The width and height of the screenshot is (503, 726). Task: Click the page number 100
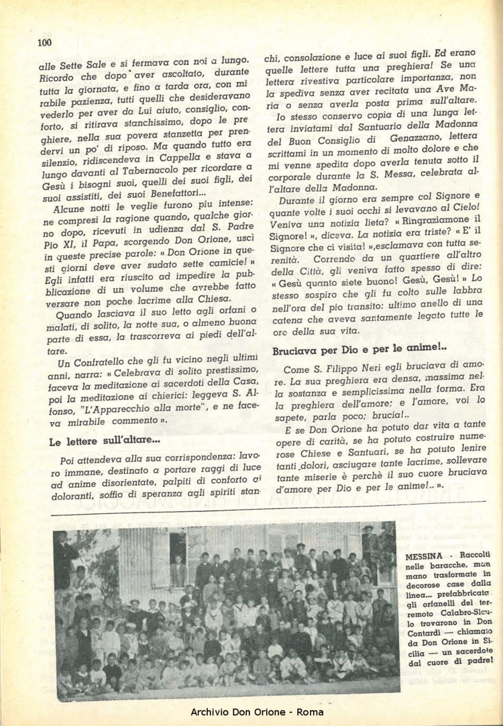[x=44, y=43]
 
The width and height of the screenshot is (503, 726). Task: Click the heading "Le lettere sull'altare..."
[x=105, y=442]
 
